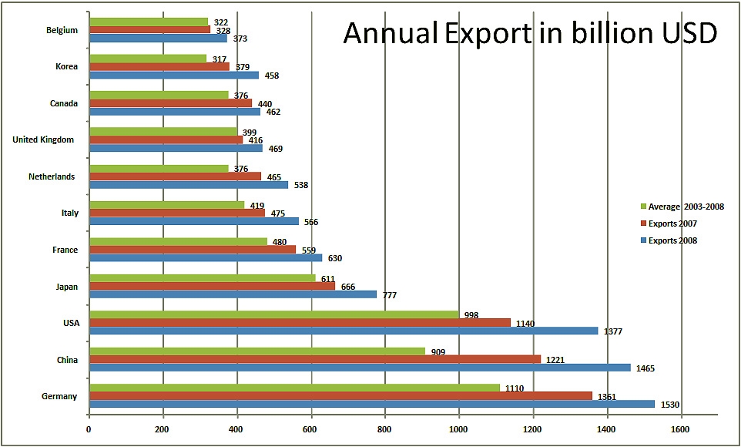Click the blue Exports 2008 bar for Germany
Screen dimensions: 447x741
pyautogui.click(x=370, y=404)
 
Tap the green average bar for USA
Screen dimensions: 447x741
pyautogui.click(x=273, y=314)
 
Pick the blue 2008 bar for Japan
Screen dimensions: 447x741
pyautogui.click(x=231, y=294)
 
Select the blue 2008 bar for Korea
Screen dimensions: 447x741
pyautogui.click(x=173, y=75)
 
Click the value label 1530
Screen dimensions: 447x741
pyautogui.click(x=671, y=405)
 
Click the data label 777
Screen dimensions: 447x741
pyautogui.click(x=390, y=294)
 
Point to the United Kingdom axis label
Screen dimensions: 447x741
pyautogui.click(x=44, y=139)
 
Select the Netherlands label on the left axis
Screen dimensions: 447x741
pyautogui.click(x=52, y=176)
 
